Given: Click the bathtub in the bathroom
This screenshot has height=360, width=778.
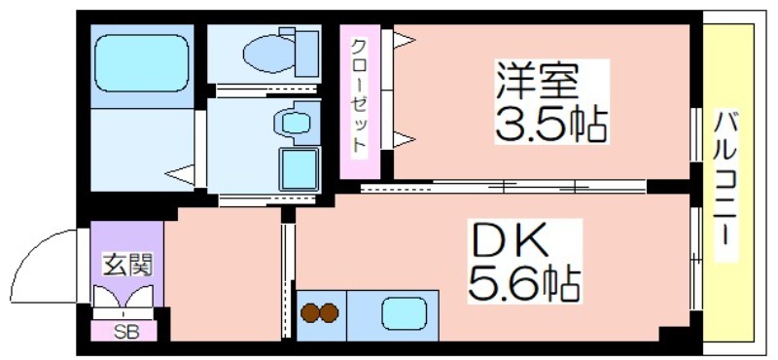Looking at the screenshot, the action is (x=141, y=63).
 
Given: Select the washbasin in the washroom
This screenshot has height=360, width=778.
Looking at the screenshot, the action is (x=296, y=123).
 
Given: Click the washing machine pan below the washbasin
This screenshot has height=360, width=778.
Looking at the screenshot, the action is (x=299, y=169).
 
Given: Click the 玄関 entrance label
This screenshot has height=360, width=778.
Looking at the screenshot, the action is (x=126, y=265).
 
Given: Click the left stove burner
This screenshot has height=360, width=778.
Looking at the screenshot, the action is (x=309, y=313).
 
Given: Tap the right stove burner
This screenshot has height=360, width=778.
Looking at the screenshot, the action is (x=329, y=313).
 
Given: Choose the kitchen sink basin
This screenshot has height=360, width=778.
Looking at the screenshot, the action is (x=405, y=313).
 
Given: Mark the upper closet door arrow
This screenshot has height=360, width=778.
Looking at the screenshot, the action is (x=404, y=39).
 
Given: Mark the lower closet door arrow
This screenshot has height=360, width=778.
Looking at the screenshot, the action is (x=404, y=139).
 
